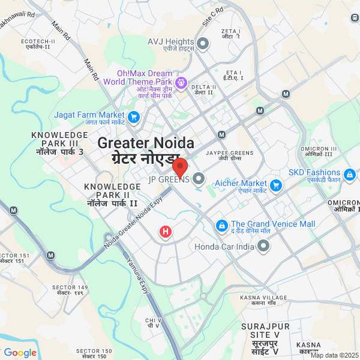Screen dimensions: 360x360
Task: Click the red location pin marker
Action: [180, 167]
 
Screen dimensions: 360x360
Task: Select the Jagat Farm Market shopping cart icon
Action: [133, 116]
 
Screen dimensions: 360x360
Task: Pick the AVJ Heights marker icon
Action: [203, 43]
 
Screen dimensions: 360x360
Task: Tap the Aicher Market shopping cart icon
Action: [276, 184]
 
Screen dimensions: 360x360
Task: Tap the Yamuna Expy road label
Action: [137, 275]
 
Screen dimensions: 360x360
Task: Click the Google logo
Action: [20, 353]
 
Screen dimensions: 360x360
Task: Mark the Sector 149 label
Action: [70, 290]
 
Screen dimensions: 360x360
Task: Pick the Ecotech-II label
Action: [38, 44]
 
